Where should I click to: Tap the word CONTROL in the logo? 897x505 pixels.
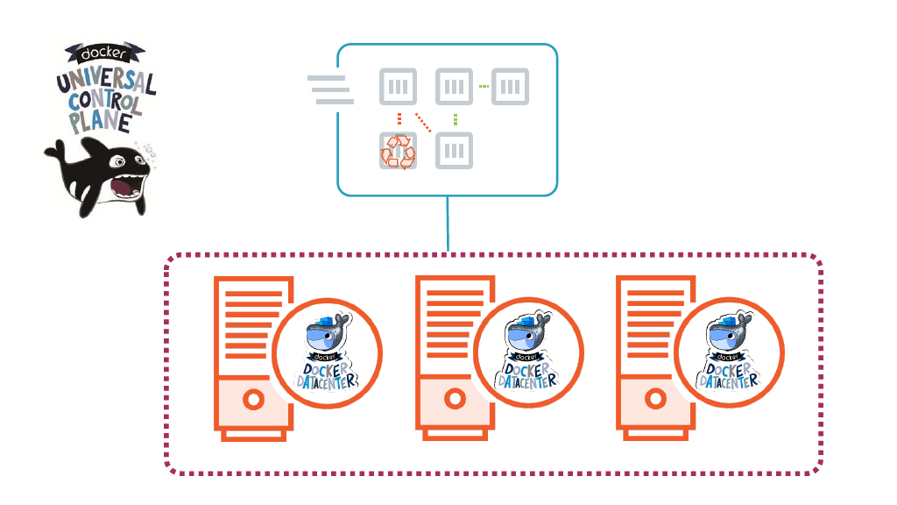click(x=103, y=103)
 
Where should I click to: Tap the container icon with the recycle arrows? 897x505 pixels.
click(x=398, y=151)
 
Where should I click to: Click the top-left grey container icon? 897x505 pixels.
click(x=398, y=87)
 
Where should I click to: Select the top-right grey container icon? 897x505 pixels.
click(x=511, y=87)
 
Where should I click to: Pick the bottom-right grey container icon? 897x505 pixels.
click(x=454, y=151)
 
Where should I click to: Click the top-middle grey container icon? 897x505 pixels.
click(x=454, y=87)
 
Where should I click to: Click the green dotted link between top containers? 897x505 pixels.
click(x=483, y=87)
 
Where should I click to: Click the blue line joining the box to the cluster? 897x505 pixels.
click(x=448, y=224)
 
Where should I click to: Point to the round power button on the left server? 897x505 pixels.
click(x=253, y=400)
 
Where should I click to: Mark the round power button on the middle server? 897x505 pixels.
click(x=454, y=400)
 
